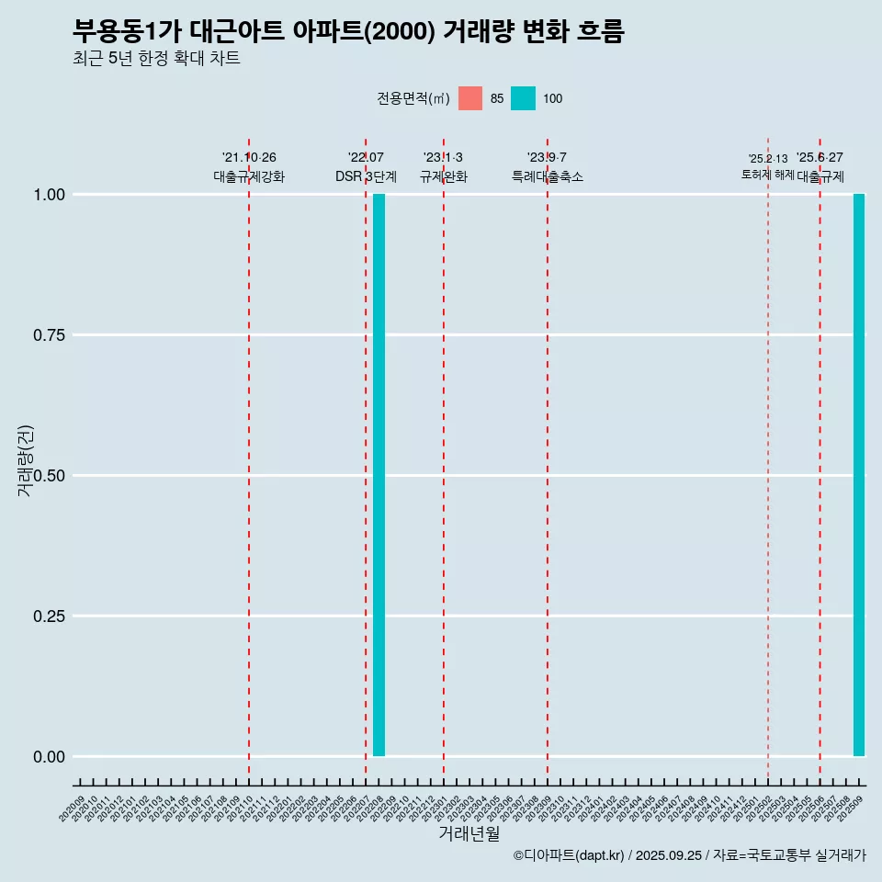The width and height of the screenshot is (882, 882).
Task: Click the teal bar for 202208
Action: pos(379,475)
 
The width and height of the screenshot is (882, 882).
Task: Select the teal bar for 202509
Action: pos(859,475)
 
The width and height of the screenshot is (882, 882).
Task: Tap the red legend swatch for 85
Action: pos(470,98)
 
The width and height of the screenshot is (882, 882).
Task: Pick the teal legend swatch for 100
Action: pos(523,98)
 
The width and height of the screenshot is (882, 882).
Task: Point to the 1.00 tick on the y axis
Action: pos(49,195)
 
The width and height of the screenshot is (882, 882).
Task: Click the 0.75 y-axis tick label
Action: pos(49,335)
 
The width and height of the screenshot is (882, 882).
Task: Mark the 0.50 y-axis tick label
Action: pos(49,476)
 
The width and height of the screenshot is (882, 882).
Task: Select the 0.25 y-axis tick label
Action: pos(49,616)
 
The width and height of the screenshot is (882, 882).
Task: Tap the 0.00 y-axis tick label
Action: pos(49,757)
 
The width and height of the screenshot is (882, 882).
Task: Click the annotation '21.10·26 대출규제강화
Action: pos(249,167)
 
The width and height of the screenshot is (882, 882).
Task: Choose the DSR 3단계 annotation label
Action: pos(366,176)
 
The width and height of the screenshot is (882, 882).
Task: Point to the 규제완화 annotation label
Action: pos(444,176)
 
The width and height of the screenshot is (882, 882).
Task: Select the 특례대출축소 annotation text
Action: pos(548,176)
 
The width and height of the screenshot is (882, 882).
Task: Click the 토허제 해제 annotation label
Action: pos(768,175)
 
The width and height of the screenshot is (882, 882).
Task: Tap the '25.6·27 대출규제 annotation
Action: pos(820,167)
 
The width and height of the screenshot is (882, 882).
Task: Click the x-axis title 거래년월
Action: pos(469,834)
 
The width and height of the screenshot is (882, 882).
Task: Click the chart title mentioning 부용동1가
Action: pos(348,32)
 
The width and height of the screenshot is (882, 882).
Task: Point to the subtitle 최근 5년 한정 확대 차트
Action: pos(156,59)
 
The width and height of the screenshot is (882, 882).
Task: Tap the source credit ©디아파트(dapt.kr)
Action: pos(689,856)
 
